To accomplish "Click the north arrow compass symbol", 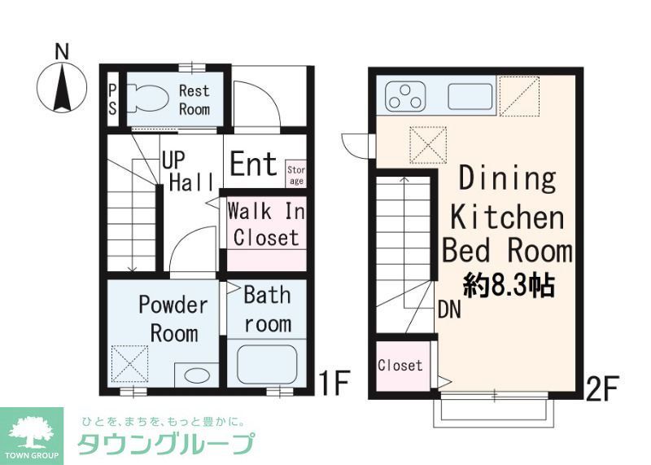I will tap(59, 86).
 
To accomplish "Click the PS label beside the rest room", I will tap(112, 99).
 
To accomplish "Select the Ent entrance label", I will tap(253, 165).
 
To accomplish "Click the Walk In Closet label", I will tap(264, 224).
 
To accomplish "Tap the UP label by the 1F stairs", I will tap(173, 159).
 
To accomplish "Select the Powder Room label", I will tap(173, 318).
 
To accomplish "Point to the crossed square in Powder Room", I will tap(130, 363).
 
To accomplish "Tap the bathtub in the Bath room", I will tap(267, 361).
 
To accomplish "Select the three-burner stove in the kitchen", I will tap(404, 95).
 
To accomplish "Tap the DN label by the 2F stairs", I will tap(450, 309).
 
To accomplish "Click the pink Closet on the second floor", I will tap(400, 366).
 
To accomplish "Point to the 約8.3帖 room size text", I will tap(509, 285).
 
